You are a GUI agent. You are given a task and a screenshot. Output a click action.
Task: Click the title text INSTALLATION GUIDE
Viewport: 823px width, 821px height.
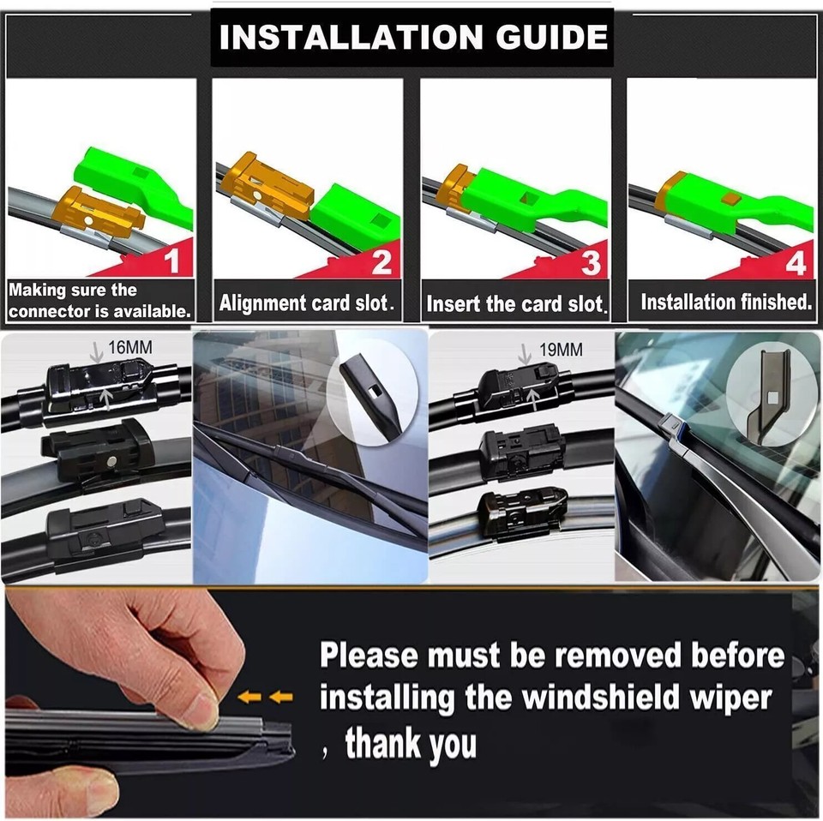(x=412, y=38)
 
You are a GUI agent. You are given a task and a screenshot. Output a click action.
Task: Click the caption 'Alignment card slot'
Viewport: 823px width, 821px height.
(x=305, y=303)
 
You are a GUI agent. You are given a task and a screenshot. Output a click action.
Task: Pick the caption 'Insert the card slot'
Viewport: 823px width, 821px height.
(x=515, y=303)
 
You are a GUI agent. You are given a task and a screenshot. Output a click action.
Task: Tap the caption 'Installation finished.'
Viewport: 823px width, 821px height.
(x=725, y=302)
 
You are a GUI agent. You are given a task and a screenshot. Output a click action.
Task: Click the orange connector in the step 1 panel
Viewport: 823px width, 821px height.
(x=96, y=212)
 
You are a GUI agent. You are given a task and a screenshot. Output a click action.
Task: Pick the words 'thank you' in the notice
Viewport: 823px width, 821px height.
(x=411, y=743)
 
